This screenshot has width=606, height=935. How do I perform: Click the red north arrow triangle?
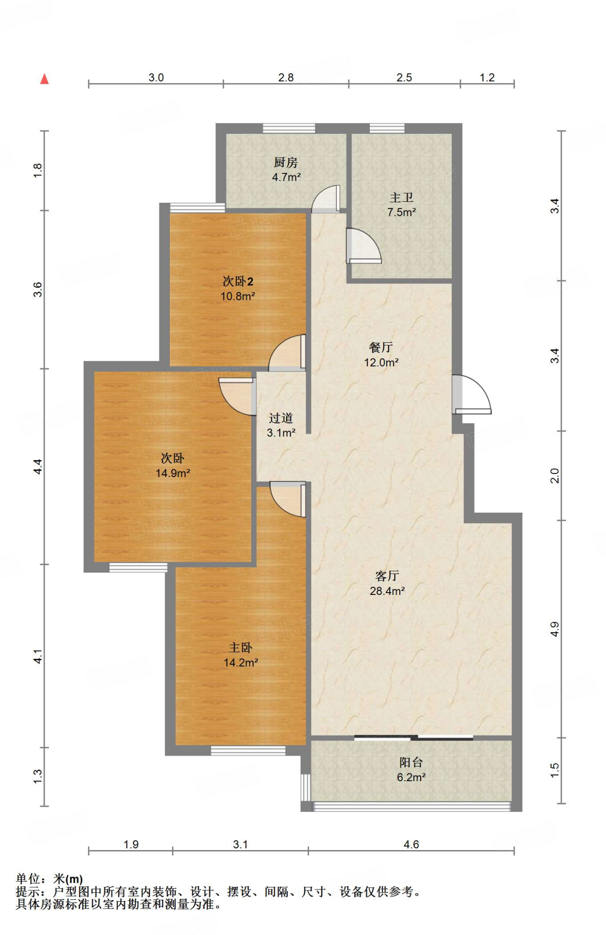pyautogui.click(x=44, y=79)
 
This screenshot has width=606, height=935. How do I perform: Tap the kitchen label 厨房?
pyautogui.click(x=286, y=162)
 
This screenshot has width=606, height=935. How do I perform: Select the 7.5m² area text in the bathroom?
pyautogui.click(x=401, y=212)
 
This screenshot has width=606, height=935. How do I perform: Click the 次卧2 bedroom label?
pyautogui.click(x=237, y=281)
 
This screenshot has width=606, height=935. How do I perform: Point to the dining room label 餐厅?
pyautogui.click(x=381, y=347)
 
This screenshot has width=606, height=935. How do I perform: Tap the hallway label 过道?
pyautogui.click(x=280, y=418)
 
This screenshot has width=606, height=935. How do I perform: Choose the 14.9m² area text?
pyautogui.click(x=173, y=473)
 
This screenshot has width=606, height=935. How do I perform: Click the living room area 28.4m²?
pyautogui.click(x=387, y=591)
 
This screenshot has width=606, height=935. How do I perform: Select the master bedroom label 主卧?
pyautogui.click(x=240, y=647)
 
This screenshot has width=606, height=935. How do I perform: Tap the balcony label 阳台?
pyautogui.click(x=411, y=762)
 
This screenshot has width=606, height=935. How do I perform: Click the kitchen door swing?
pyautogui.click(x=326, y=199)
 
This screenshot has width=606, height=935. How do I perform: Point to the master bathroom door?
pyautogui.click(x=364, y=246)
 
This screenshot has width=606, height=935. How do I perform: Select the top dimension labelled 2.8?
pyautogui.click(x=286, y=78)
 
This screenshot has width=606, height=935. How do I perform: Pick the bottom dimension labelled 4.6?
pyautogui.click(x=411, y=845)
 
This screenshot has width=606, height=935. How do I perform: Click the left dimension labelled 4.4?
pyautogui.click(x=38, y=467)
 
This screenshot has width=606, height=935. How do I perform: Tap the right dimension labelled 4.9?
pyautogui.click(x=554, y=629)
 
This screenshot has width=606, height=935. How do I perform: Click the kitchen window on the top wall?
pyautogui.click(x=289, y=128)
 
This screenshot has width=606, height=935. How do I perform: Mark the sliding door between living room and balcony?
pyautogui.click(x=413, y=737)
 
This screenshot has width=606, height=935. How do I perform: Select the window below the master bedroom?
pyautogui.click(x=248, y=751)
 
